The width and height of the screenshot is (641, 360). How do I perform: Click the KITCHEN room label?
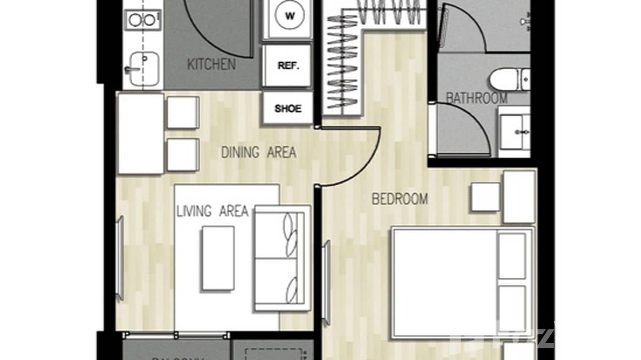211,64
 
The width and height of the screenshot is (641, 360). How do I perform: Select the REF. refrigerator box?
288,66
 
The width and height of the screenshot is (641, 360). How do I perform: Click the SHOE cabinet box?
288,108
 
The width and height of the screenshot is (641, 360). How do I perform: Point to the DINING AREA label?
258,153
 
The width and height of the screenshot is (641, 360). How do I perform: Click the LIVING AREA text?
213,211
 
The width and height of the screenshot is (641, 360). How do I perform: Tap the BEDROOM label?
400,199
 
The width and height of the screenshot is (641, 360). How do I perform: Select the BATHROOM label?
476,98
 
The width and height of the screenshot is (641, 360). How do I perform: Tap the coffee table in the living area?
218,258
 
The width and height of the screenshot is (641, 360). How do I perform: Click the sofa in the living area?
282,258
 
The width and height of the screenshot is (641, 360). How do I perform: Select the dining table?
140,134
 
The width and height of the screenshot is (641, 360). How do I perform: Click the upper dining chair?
182,112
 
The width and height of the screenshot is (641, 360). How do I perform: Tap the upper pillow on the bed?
512,255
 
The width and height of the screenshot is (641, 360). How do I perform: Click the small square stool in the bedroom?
485,197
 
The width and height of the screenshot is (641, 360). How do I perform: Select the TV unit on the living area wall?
120,258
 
